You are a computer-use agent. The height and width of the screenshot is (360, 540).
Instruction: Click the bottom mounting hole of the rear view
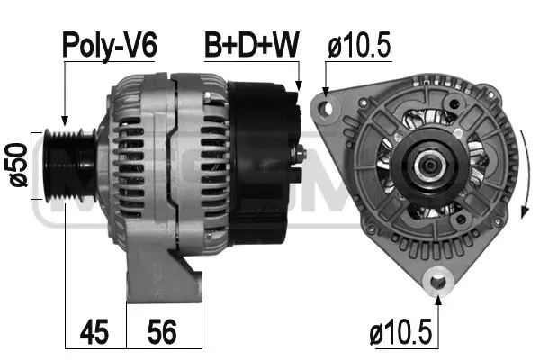439,281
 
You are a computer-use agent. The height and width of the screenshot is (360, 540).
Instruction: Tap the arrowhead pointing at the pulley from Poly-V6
64,124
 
